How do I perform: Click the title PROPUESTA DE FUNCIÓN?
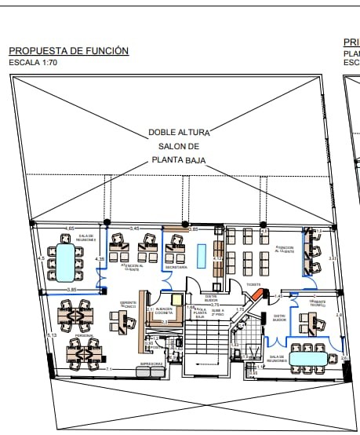[x=68, y=51]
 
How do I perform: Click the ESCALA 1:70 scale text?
[x=34, y=61]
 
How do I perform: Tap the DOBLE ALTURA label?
[x=180, y=133]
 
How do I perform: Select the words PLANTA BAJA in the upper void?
[x=180, y=160]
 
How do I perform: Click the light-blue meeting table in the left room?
[x=64, y=261]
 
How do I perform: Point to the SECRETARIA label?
[x=176, y=267]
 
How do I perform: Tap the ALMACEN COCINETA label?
[x=164, y=312]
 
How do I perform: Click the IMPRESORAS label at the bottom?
[x=151, y=364]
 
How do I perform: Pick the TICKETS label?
[x=253, y=284]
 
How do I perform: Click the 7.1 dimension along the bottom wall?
[x=109, y=368]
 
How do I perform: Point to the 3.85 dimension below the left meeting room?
[x=71, y=290]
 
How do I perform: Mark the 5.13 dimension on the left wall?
[x=52, y=335]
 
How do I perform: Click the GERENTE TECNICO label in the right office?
[x=318, y=302]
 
